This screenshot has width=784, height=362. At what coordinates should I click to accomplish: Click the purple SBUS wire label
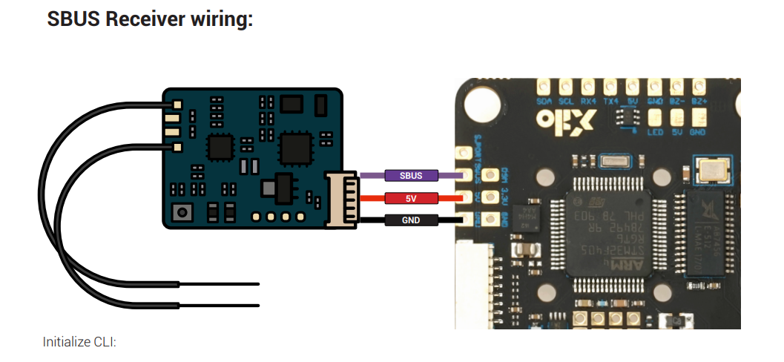(411, 176)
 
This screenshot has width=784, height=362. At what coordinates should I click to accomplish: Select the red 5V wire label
(411, 198)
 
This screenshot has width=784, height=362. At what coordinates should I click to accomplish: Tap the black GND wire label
(410, 220)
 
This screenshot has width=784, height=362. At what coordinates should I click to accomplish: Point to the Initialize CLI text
(80, 342)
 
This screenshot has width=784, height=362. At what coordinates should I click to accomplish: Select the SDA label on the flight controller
(544, 100)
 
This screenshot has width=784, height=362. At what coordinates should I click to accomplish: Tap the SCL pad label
(566, 100)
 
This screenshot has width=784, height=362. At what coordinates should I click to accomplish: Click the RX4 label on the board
(589, 100)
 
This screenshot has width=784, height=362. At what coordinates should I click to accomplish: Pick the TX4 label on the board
(611, 100)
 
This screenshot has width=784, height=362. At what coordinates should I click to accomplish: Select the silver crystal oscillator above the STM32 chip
(616, 162)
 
